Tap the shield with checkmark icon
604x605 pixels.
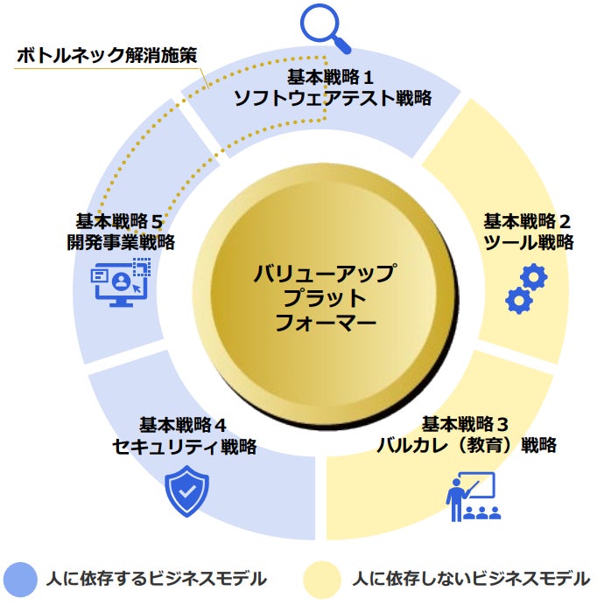pos(187,490)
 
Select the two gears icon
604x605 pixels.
pos(525,289)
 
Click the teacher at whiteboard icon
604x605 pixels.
pos(474,497)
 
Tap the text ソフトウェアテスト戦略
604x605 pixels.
pos(333,97)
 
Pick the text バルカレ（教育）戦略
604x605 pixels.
pos(466,445)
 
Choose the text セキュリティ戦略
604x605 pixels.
pos(184,446)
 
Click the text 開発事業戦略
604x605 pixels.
pos(121,241)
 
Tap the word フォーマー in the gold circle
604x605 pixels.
pos(326,323)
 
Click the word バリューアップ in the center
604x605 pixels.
pos(325,273)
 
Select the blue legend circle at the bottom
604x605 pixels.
pos(20,578)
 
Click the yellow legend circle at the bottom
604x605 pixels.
pos(321,578)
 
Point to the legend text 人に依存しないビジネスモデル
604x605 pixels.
pos(471,579)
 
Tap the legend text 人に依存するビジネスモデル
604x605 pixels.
pos(157,579)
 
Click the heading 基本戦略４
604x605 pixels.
pos(184,425)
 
